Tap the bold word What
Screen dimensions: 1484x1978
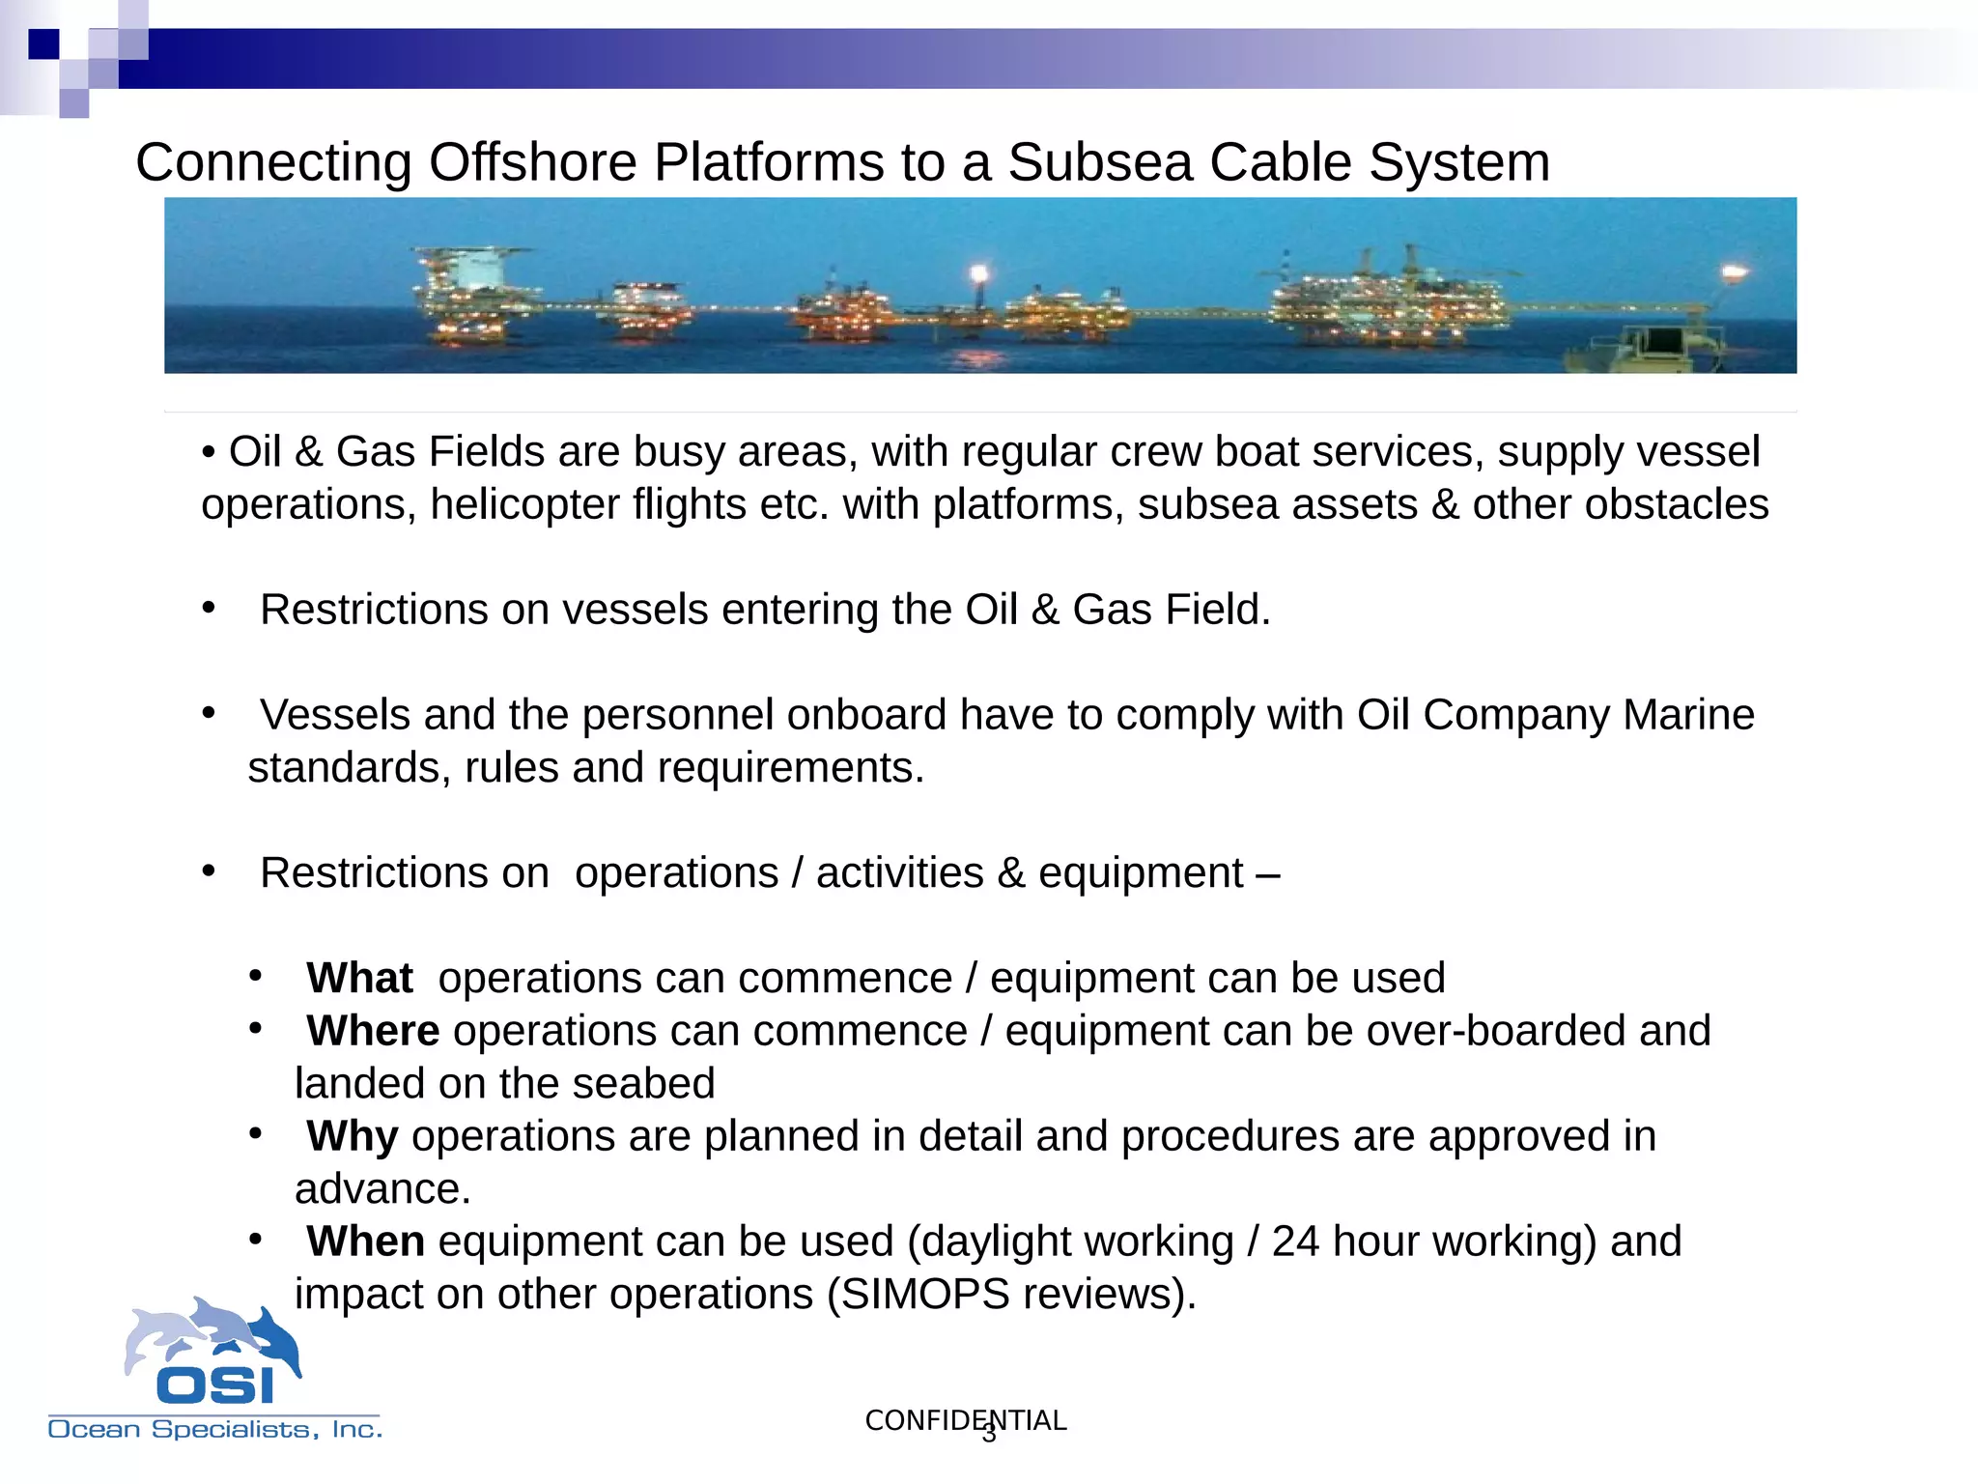click(359, 978)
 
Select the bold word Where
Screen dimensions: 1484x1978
click(373, 1031)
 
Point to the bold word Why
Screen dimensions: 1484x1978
click(353, 1136)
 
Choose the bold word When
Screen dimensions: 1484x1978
click(365, 1241)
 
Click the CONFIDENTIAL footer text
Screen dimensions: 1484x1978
click(965, 1420)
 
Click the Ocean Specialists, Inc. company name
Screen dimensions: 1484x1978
click(215, 1429)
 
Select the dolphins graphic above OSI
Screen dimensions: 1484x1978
click(212, 1333)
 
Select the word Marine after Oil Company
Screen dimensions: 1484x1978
click(1688, 715)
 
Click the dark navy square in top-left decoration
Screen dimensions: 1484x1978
click(43, 44)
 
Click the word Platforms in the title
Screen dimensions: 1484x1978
click(770, 162)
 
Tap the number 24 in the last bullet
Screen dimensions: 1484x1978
click(1294, 1241)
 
